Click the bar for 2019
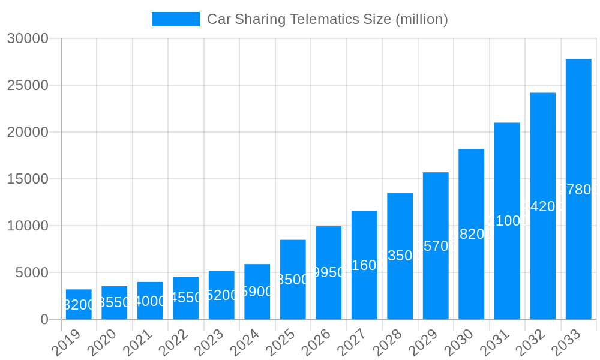coord(79,304)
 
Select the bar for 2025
coord(293,280)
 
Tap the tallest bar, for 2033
coord(578,189)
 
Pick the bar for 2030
coord(471,234)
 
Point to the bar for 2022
coord(186,298)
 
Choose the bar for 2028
coord(400,256)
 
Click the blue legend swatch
coord(175,19)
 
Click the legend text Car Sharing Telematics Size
coord(327,19)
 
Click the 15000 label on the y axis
coord(27,179)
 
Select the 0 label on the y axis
coord(44,319)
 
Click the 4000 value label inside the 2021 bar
coord(150,301)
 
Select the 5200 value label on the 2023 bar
coord(221,295)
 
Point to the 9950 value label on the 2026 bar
coord(329,272)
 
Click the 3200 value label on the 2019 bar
coord(79,305)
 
